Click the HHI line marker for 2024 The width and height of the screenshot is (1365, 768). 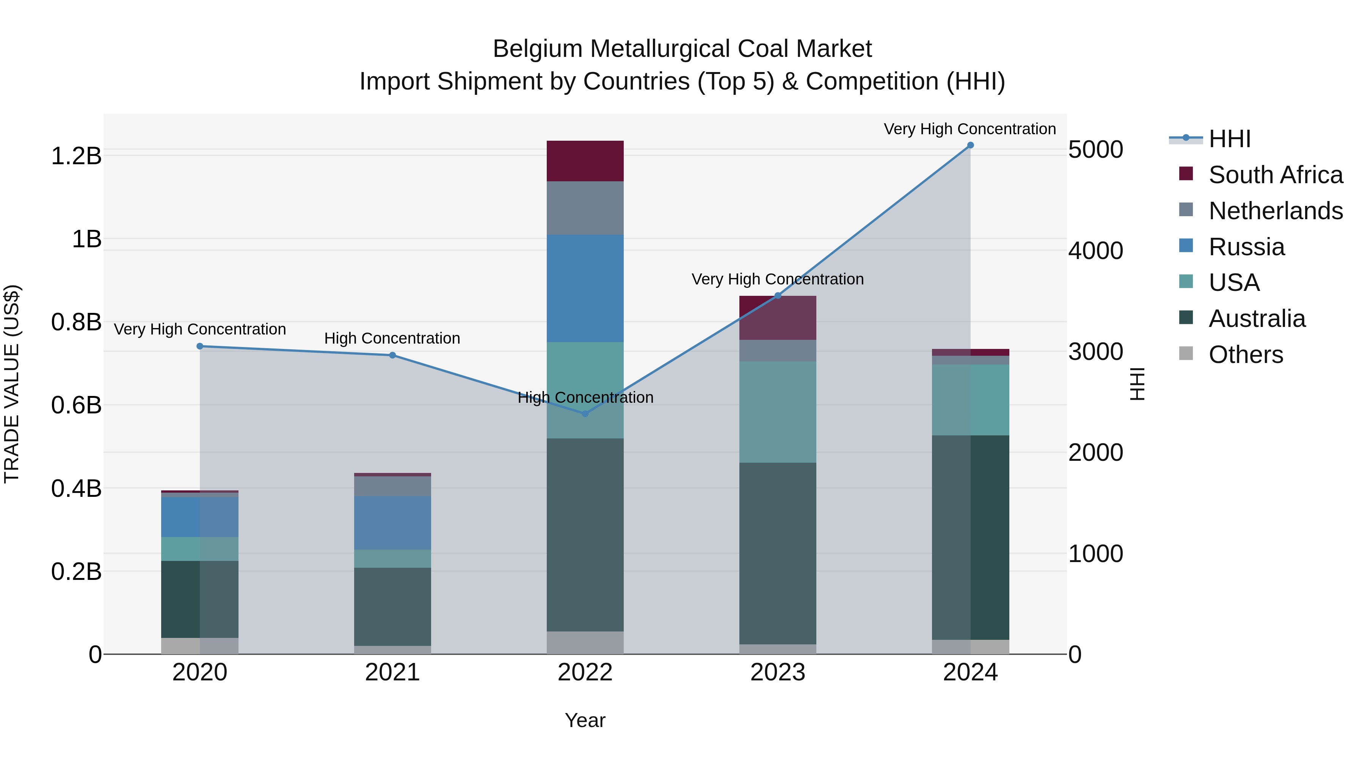click(970, 145)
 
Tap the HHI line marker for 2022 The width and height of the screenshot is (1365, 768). click(585, 414)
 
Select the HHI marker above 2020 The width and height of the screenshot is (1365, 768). click(200, 346)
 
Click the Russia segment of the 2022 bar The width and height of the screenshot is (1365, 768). click(585, 288)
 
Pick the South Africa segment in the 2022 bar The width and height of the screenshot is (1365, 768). click(585, 161)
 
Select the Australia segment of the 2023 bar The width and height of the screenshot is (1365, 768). click(777, 553)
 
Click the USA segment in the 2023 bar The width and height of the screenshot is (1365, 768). click(777, 412)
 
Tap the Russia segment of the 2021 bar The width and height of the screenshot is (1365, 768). click(392, 523)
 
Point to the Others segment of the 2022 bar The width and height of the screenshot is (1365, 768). click(585, 642)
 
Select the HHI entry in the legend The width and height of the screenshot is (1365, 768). click(1229, 139)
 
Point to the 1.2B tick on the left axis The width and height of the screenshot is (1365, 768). click(76, 156)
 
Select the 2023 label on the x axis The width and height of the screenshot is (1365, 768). click(777, 672)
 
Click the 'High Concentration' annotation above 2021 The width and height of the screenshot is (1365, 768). click(392, 338)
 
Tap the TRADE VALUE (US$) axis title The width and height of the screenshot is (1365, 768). click(12, 384)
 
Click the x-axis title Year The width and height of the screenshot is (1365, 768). click(585, 720)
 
